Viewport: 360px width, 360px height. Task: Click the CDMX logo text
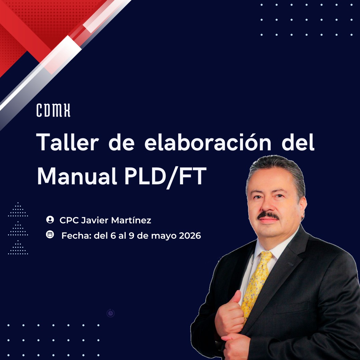click(53, 110)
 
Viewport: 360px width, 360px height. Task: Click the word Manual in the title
click(77, 176)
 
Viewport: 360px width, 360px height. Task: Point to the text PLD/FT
click(166, 177)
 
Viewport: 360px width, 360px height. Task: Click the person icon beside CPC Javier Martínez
click(50, 220)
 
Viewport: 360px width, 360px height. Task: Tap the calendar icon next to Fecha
click(50, 234)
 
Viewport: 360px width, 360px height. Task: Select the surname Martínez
click(131, 220)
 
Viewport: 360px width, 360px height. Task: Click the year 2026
click(190, 236)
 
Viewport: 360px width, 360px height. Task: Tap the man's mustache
click(268, 216)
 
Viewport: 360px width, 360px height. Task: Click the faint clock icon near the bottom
click(111, 313)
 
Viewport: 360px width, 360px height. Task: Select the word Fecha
click(76, 236)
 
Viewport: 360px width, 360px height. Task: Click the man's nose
click(268, 204)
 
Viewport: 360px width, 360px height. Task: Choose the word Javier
click(95, 220)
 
